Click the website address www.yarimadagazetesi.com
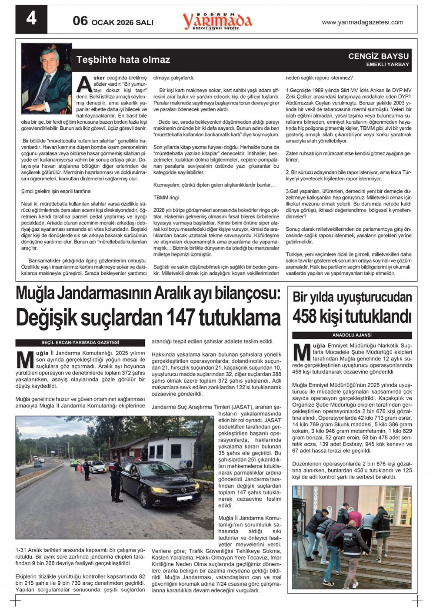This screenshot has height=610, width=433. (362, 22)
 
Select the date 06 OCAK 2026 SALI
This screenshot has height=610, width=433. (113, 21)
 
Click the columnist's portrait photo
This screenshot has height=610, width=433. (47, 78)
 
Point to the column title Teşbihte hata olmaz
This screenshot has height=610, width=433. (123, 60)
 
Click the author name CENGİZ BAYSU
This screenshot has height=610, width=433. (378, 56)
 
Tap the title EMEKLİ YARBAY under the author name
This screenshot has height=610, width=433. (387, 64)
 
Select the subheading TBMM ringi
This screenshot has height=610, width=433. (166, 198)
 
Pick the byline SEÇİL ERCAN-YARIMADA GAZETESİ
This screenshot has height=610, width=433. (80, 343)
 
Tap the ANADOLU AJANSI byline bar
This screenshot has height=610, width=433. (352, 335)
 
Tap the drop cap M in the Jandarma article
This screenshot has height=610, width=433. (25, 360)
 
